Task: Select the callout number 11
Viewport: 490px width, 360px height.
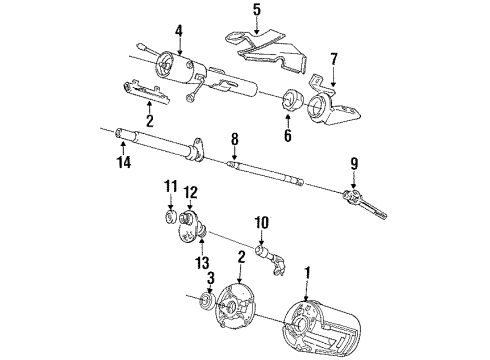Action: pos(170,186)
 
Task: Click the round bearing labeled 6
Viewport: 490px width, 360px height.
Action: pos(292,101)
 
